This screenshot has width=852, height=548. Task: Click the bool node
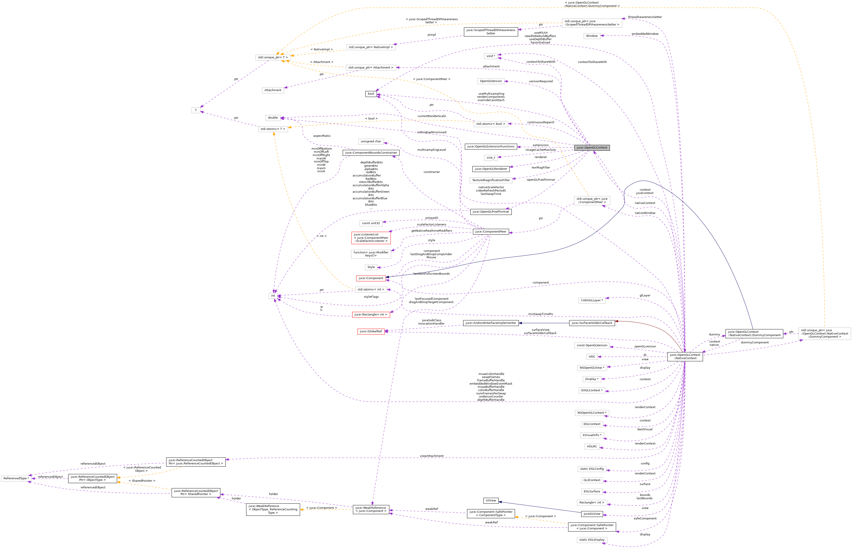coord(371,94)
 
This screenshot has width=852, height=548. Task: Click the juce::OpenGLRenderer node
coord(491,169)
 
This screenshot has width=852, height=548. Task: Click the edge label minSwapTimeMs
coord(540,314)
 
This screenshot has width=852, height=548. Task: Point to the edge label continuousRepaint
coord(540,122)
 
